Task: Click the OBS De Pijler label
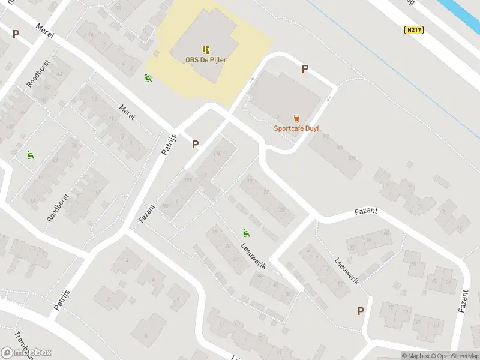pyautogui.click(x=206, y=59)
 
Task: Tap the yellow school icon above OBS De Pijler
pyautogui.click(x=206, y=49)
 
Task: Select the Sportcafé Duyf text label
pyautogui.click(x=295, y=127)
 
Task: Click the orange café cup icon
pyautogui.click(x=295, y=118)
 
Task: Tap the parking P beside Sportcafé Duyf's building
pyautogui.click(x=305, y=69)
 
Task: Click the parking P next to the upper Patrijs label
pyautogui.click(x=195, y=145)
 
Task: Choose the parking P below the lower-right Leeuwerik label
pyautogui.click(x=361, y=311)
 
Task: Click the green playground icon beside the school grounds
pyautogui.click(x=148, y=77)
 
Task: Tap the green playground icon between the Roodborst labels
pyautogui.click(x=30, y=155)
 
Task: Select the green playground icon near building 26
pyautogui.click(x=246, y=232)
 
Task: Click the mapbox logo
pyautogui.click(x=26, y=352)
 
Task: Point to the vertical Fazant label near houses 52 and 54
pyautogui.click(x=463, y=297)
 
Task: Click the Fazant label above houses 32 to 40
pyautogui.click(x=366, y=212)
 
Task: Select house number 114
pyautogui.click(x=217, y=154)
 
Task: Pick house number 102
pyautogui.click(x=166, y=206)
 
